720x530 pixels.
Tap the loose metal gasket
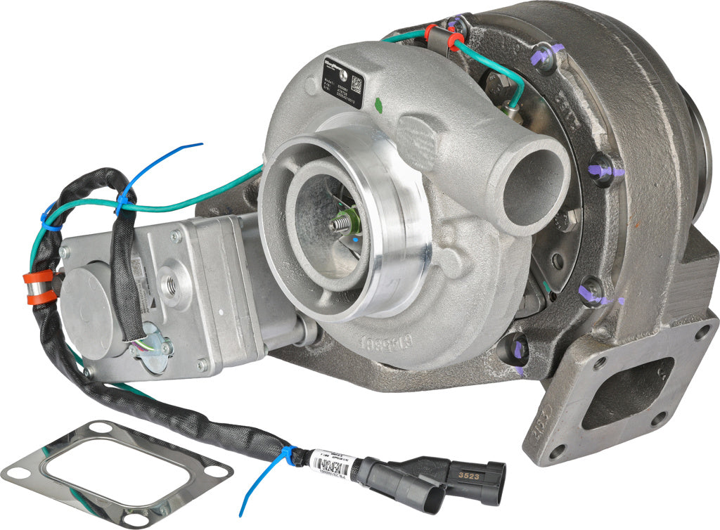click(116, 472)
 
